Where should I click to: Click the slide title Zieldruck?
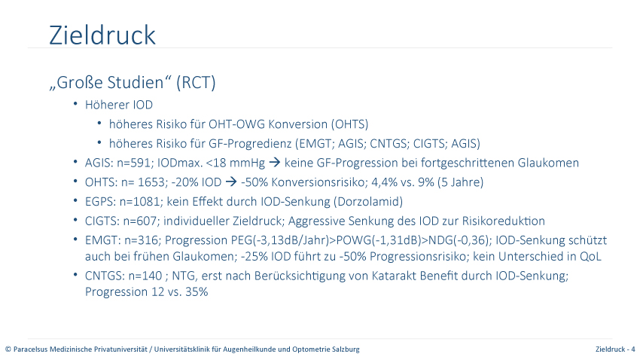(102, 35)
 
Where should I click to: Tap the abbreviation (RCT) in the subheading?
(196, 82)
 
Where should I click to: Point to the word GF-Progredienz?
(250, 144)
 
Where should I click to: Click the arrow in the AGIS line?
(275, 163)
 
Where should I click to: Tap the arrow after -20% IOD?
(231, 182)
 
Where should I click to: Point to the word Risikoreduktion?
(503, 221)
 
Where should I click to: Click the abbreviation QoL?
(590, 256)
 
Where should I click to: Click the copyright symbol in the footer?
(8, 349)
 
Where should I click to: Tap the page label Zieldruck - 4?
(615, 349)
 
